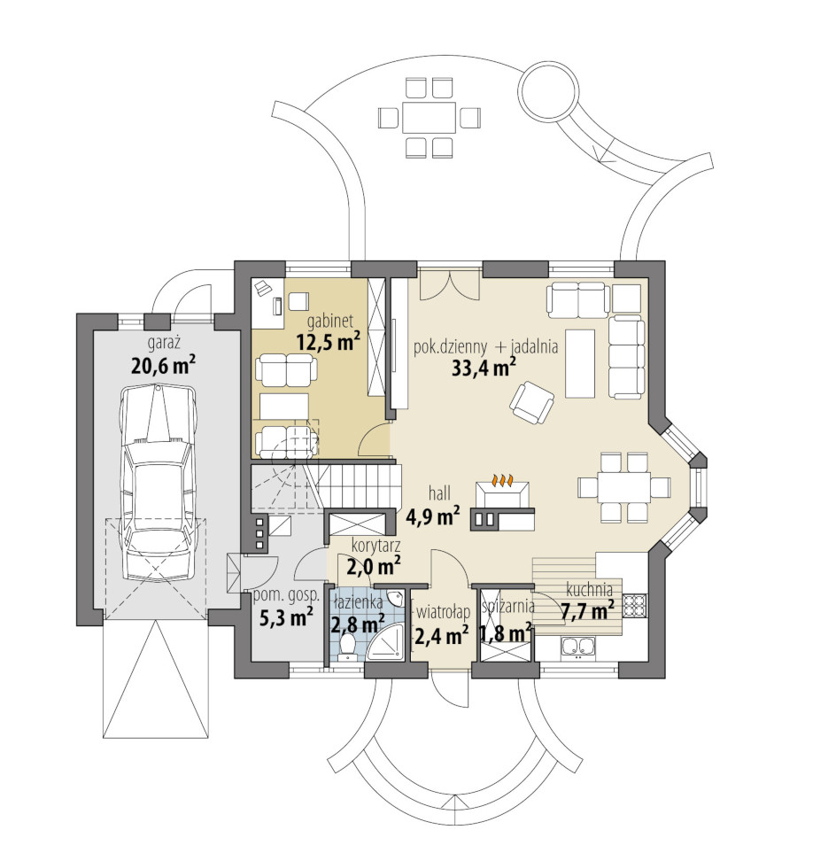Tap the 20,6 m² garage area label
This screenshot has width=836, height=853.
[x=163, y=365]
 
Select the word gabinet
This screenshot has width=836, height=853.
[x=330, y=322]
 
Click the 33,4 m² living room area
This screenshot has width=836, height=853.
[x=484, y=368]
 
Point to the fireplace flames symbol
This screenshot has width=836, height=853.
[x=503, y=480]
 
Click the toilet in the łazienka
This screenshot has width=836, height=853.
[x=346, y=648]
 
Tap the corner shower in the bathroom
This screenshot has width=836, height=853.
[x=386, y=642]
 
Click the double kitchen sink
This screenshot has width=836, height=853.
[x=578, y=648]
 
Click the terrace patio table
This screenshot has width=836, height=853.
[x=430, y=118]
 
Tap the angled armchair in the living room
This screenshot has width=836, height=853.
[x=532, y=402]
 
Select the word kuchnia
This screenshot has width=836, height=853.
[x=590, y=589]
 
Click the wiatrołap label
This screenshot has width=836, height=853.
[x=443, y=613]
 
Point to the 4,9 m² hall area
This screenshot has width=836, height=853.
[x=433, y=516]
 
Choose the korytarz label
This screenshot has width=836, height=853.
[x=376, y=545]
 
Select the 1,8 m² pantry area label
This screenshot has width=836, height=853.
[x=506, y=634]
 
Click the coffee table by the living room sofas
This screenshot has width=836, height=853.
[x=581, y=363]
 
